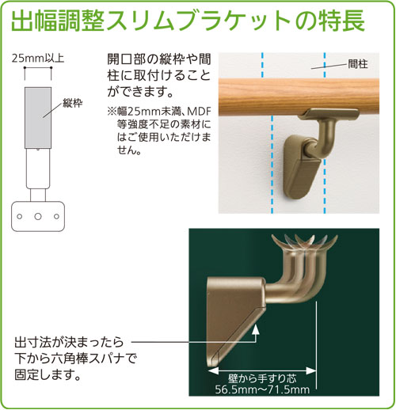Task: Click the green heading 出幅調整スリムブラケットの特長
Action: coord(188,21)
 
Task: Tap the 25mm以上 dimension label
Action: coord(38,59)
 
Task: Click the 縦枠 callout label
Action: coord(72,103)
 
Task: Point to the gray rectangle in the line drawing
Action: coord(38,118)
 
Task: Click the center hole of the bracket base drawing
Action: coord(38,217)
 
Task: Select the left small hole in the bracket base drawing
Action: coord(19,217)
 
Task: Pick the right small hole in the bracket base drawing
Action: coord(56,217)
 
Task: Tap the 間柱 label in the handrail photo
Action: coord(357,64)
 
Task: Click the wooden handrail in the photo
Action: coord(299,97)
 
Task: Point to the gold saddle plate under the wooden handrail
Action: coord(331,114)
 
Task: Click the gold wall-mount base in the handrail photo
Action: coord(300,165)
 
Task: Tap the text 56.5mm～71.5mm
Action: coord(262,389)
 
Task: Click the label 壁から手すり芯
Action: coord(262,379)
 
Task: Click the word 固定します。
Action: coord(48,375)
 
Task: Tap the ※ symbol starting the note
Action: coord(112,112)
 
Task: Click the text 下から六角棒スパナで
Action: coord(75,359)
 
